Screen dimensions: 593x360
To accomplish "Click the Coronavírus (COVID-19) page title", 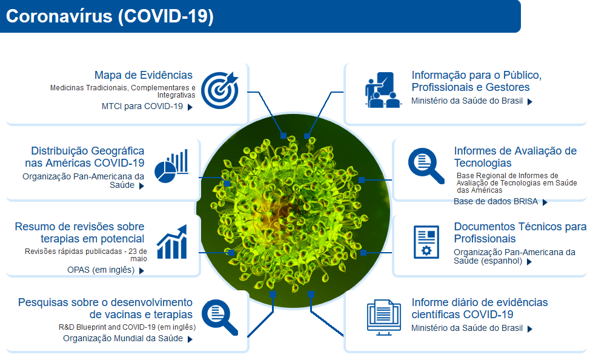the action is coord(110,16).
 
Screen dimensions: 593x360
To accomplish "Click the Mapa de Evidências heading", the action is coord(144,75).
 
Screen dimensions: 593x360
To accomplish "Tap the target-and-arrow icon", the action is coord(220,90).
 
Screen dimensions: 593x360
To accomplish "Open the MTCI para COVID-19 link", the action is coord(142,107).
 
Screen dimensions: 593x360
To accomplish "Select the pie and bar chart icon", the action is coord(171,166).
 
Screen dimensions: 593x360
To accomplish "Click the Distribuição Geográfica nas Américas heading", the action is coord(85,157).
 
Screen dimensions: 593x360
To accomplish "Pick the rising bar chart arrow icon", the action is coord(172,241).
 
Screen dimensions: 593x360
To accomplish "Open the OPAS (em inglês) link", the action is coord(101,270).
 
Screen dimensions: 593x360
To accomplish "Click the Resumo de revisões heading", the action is coord(79,233).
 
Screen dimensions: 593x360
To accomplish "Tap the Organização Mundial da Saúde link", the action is coord(123,338).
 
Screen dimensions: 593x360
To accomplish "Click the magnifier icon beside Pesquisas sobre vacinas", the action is coord(220,317).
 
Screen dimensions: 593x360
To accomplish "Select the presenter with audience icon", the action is coord(383,90).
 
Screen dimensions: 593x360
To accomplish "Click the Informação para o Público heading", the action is coord(477,81).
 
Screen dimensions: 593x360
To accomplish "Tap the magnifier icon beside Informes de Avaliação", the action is coord(426,166).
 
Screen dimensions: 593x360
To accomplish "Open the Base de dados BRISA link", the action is coord(496,201).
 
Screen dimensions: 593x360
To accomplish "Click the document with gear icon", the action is coord(426,242).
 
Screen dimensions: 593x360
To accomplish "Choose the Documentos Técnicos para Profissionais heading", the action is coord(520,233).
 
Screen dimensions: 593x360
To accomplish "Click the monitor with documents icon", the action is coord(384,317).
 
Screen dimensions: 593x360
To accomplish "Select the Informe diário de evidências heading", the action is coord(480,308).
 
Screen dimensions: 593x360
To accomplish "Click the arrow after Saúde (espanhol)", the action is coord(529,262).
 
